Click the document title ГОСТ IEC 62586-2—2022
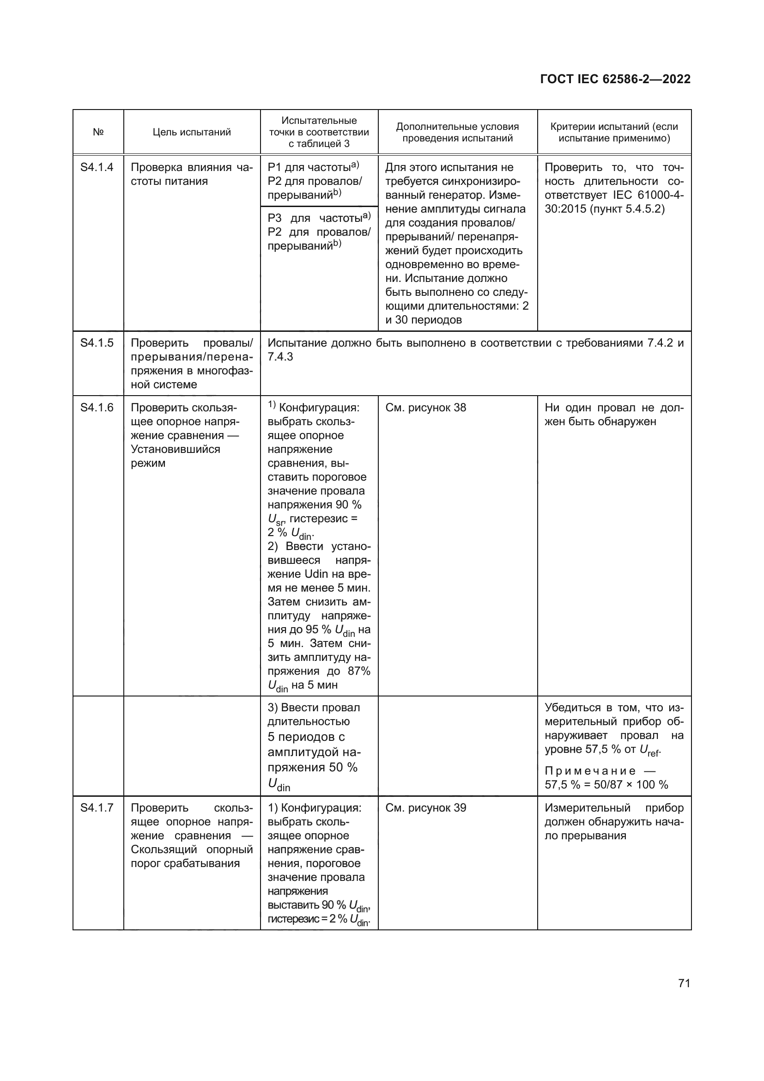point(615,79)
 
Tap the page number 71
point(684,983)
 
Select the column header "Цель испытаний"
point(192,132)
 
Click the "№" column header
point(98,132)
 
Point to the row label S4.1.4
point(97,168)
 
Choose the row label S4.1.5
point(97,343)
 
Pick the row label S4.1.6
point(97,408)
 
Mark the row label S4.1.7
point(97,808)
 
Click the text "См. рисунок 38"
point(425,408)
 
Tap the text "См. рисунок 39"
point(425,808)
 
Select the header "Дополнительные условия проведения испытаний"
point(457,132)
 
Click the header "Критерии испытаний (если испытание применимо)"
point(614,132)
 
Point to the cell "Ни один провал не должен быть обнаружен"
point(614,415)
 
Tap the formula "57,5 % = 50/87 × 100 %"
point(606,785)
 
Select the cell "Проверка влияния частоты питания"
point(192,175)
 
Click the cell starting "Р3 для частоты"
point(319,232)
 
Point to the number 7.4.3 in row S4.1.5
point(280,357)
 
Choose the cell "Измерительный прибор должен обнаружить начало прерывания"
point(614,822)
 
